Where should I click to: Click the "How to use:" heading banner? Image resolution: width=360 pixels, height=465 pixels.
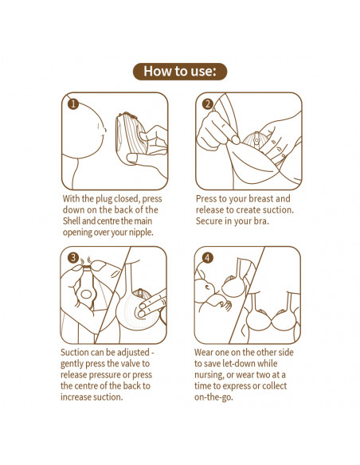[180, 72]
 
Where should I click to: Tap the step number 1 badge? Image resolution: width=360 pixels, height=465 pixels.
[73, 104]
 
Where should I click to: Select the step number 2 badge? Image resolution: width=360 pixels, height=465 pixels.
[207, 104]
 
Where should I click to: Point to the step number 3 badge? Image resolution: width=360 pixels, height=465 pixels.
[72, 257]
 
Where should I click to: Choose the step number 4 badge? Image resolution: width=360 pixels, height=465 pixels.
[207, 257]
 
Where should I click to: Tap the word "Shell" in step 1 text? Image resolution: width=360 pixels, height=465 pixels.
[72, 221]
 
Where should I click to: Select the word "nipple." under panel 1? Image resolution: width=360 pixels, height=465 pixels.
[141, 232]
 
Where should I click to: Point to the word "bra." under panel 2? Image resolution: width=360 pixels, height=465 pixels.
[261, 221]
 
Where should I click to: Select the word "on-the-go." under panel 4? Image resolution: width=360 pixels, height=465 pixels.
[213, 397]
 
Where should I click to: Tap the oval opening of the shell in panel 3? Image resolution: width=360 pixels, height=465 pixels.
[86, 294]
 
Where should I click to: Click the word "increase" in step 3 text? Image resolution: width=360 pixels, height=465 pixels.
[74, 397]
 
